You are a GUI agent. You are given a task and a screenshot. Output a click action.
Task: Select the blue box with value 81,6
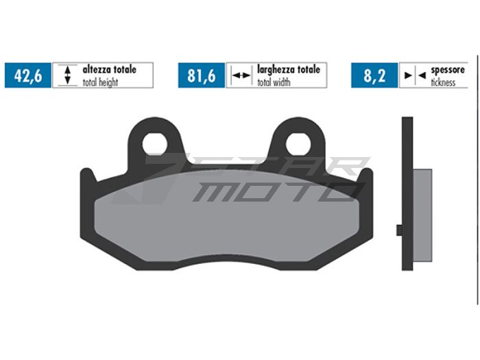tap(202, 75)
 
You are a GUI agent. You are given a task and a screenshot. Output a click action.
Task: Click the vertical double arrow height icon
tap(67, 75)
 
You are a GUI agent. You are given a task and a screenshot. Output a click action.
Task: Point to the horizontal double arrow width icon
tap(241, 75)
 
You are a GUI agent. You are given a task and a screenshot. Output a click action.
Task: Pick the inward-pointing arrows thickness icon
tap(414, 75)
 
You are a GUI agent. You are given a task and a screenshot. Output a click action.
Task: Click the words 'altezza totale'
tap(110, 70)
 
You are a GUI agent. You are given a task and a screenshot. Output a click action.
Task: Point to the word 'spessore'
tap(448, 70)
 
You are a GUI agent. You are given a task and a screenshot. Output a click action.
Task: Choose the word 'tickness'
tap(444, 82)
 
